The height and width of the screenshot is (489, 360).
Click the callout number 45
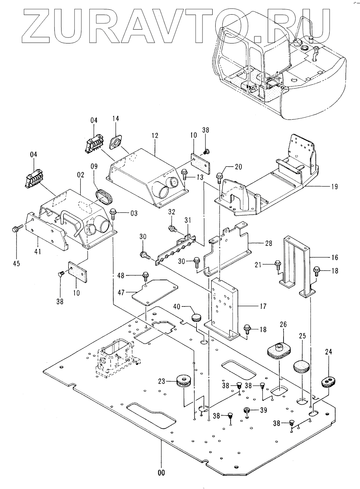[16, 263]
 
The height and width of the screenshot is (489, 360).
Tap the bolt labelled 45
[16, 228]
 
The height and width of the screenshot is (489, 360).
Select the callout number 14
[116, 118]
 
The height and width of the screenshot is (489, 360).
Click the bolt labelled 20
[220, 175]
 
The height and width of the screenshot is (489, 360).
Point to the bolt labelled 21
[278, 265]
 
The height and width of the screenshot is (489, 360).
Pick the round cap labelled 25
[301, 366]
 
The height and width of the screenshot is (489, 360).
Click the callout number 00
[161, 473]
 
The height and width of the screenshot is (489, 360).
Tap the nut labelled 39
[247, 410]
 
